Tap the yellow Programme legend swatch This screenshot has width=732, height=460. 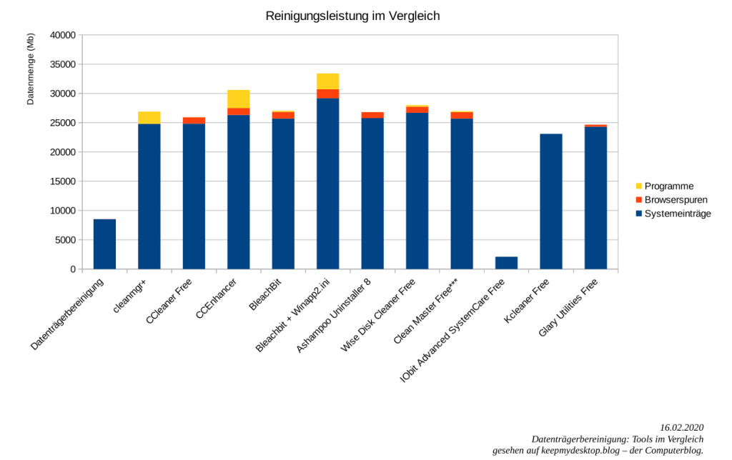click(638, 186)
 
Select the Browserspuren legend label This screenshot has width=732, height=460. click(676, 200)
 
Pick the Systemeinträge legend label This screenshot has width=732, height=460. click(678, 214)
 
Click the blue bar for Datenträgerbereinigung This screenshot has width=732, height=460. click(104, 244)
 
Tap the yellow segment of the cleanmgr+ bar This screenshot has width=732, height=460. click(149, 118)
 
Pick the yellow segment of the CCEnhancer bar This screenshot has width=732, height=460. click(238, 99)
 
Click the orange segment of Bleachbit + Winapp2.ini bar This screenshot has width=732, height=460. click(327, 94)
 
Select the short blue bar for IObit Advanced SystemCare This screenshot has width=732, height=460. click(506, 263)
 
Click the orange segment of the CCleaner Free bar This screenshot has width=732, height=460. click(194, 121)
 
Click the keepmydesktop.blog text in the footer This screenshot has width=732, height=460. click(565, 451)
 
